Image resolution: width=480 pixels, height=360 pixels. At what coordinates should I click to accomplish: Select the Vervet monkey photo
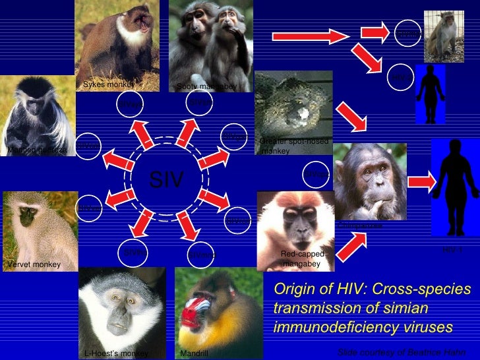(40, 227)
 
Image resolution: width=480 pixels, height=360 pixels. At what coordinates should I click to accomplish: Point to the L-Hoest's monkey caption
(116, 354)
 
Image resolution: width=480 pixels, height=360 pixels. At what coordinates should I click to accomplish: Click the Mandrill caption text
(195, 354)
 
